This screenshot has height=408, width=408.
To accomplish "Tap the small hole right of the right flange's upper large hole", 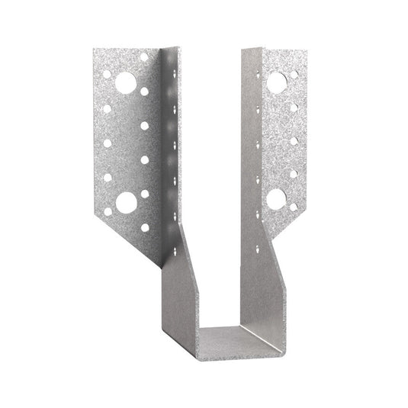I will [294, 75].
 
